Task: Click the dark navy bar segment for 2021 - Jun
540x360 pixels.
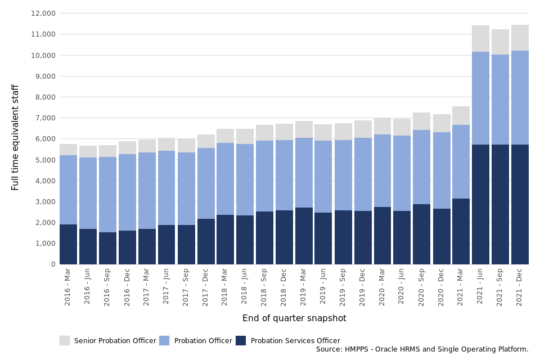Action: (x=480, y=204)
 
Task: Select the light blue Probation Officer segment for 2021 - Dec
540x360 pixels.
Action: (x=520, y=97)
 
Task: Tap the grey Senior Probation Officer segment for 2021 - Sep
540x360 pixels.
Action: (x=500, y=42)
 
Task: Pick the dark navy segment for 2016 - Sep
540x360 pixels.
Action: (x=107, y=248)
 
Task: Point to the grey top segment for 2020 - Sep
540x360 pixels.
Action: (x=422, y=121)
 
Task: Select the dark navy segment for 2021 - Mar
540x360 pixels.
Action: (x=461, y=231)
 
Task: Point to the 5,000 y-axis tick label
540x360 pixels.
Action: (x=44, y=160)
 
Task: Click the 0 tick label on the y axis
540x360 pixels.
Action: (x=53, y=264)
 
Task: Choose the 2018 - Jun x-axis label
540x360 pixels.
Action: (x=245, y=288)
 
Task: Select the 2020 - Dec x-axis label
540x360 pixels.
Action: (x=442, y=288)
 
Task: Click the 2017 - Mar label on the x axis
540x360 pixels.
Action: (x=147, y=288)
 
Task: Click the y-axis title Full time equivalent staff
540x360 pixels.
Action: (x=16, y=137)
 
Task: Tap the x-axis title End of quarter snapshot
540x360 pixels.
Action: (x=294, y=318)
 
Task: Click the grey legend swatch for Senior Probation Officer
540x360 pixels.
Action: (x=65, y=340)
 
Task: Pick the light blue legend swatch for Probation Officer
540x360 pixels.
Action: (x=164, y=340)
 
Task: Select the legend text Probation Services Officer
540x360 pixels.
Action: (x=295, y=341)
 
